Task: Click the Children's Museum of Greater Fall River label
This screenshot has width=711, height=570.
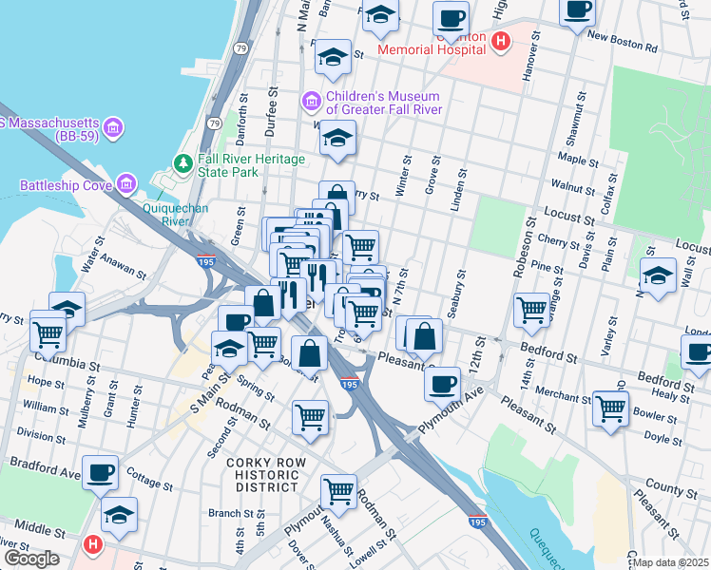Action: pyautogui.click(x=382, y=103)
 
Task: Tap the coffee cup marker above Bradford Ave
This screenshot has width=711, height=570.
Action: pyautogui.click(x=100, y=472)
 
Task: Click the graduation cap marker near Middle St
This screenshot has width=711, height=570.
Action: pyautogui.click(x=119, y=514)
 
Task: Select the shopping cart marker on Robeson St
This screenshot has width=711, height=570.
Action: pyautogui.click(x=532, y=308)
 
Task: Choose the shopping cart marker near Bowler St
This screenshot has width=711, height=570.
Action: pyautogui.click(x=611, y=408)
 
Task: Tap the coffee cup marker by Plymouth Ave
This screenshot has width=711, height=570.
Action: pyautogui.click(x=442, y=384)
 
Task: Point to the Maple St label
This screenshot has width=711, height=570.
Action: pyautogui.click(x=579, y=159)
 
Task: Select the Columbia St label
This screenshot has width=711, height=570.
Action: pyautogui.click(x=66, y=365)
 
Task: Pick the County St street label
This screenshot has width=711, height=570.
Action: pyautogui.click(x=671, y=490)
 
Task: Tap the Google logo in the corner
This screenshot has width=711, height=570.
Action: pyautogui.click(x=31, y=559)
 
